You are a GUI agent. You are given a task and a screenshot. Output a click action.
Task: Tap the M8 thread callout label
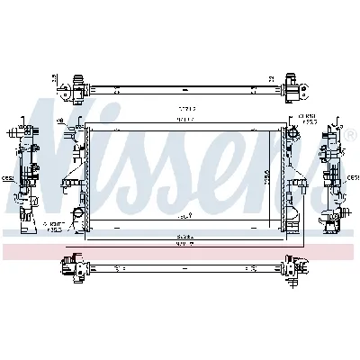click(x=61, y=121)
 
